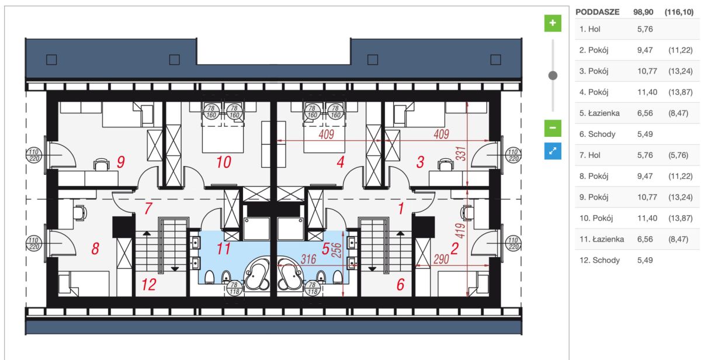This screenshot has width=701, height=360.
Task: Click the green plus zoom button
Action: click(553, 23)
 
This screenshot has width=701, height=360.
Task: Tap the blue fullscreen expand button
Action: click(553, 151)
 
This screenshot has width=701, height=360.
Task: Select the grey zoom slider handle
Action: click(553, 75)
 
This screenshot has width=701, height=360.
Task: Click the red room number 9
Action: click(120, 162)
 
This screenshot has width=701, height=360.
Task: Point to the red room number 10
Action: click(224, 162)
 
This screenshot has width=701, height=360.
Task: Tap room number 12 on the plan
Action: click(149, 285)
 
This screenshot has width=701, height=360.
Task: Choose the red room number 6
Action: click(400, 285)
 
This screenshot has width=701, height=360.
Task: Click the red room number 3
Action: click(419, 162)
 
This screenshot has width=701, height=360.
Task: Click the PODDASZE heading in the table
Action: click(597, 12)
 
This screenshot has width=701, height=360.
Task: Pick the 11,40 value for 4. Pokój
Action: click(647, 92)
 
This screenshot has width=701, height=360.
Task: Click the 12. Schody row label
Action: click(600, 260)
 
